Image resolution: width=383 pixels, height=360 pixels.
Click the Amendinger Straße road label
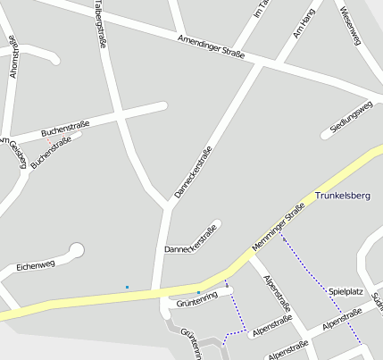pyautogui.click(x=211, y=47)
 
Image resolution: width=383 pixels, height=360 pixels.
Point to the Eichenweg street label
pyautogui.click(x=36, y=265)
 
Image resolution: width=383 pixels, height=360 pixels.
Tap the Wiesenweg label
pyautogui.click(x=348, y=26)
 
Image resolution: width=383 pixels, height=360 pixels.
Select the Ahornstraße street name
pyautogui.click(x=12, y=57)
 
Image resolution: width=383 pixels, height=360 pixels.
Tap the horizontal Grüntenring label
pyautogui.click(x=198, y=304)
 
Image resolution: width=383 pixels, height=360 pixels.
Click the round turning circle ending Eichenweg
pyautogui.click(x=77, y=250)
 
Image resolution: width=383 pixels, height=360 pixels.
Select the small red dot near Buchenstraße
pyautogui.click(x=48, y=140)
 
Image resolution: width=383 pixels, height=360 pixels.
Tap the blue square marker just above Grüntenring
pyautogui.click(x=198, y=292)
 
